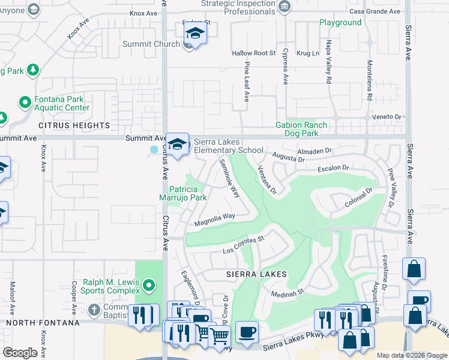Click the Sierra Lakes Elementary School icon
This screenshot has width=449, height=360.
(x=177, y=145)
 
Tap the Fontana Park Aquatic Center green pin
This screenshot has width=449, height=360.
(x=25, y=102)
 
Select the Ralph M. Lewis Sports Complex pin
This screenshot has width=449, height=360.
(x=149, y=284)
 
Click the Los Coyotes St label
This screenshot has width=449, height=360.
(x=244, y=245)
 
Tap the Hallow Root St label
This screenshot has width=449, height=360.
(x=253, y=53)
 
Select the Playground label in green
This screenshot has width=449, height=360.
(x=340, y=23)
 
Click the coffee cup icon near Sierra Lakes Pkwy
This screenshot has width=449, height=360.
(x=246, y=332)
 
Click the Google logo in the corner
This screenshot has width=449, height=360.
(x=20, y=353)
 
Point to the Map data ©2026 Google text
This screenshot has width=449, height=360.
(x=412, y=355)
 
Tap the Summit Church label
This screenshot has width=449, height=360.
(x=151, y=44)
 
